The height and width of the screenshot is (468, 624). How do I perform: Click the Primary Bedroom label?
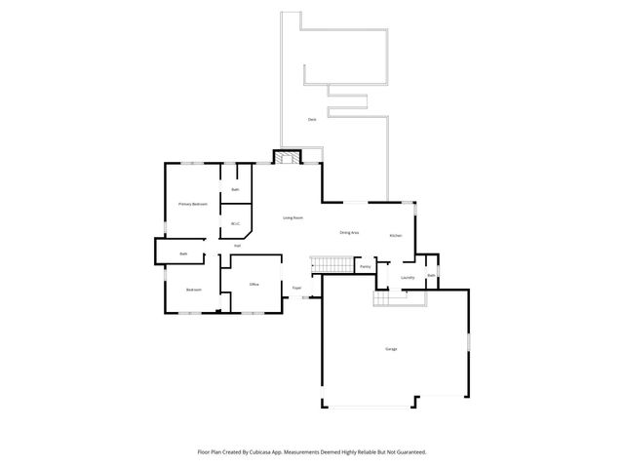pos(193,204)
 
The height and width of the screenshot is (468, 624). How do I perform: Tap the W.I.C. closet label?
pos(235,224)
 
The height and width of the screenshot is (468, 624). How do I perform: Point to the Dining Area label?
pos(349,232)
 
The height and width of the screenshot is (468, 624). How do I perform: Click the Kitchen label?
pos(396,236)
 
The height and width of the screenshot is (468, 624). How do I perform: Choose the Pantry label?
pos(365,266)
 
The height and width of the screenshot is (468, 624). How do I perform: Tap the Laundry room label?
pos(408,278)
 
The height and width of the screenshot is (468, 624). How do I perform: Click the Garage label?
pos(391,348)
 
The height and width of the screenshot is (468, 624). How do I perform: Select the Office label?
pos(253,284)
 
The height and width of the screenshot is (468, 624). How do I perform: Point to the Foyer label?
pos(296,289)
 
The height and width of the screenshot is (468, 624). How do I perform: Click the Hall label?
pos(237,246)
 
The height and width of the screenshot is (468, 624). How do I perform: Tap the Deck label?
pos(312,119)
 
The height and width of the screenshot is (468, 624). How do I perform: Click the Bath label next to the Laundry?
pos(430,276)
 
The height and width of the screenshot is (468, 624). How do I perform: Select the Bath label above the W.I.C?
pos(235,188)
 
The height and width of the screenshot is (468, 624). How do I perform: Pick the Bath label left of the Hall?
pos(183,254)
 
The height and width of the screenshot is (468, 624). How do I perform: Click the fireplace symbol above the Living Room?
pos(288,158)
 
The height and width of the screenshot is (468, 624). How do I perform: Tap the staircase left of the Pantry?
pos(331,264)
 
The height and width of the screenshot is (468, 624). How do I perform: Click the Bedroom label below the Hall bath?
pos(194,290)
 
